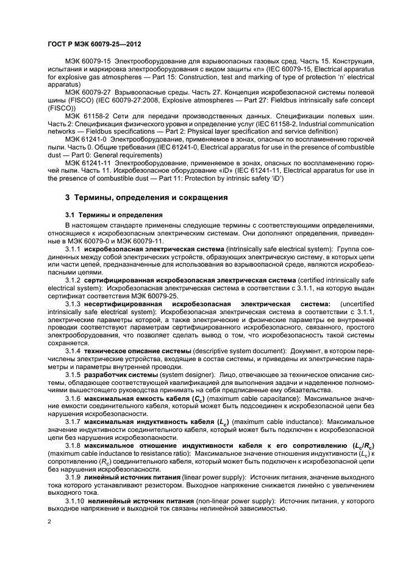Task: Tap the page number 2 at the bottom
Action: pyautogui.click(x=49, y=522)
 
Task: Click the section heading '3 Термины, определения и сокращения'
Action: pyautogui.click(x=146, y=198)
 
